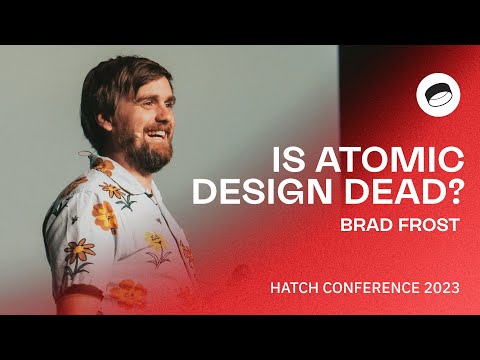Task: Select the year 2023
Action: pos(440,287)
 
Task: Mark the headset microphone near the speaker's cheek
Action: pos(134,131)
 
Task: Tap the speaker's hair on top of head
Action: pos(125,65)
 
